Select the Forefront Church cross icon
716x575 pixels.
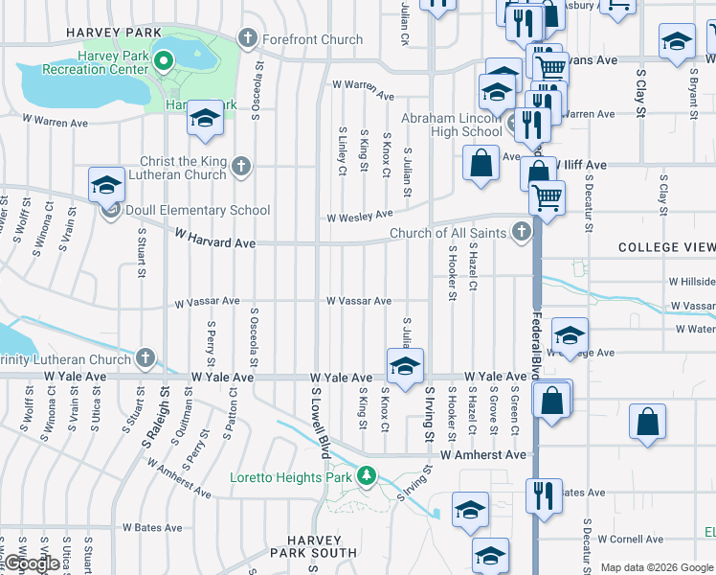point(247,39)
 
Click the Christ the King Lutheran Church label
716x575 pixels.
point(183,169)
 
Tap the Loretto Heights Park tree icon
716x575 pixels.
point(366,475)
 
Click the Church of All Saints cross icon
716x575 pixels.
point(521,232)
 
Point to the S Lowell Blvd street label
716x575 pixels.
point(319,423)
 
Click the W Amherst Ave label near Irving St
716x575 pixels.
point(483,454)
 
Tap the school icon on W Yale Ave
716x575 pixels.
point(405,366)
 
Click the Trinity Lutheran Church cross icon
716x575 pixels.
point(145,359)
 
